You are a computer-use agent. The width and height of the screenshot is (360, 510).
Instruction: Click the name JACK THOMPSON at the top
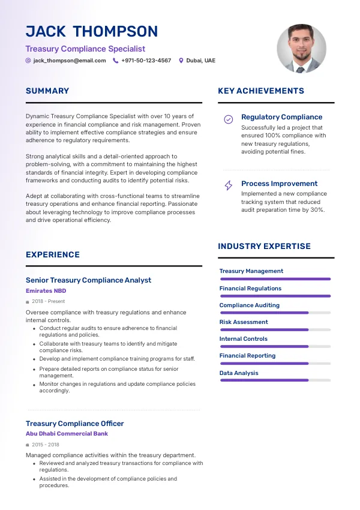click(92, 31)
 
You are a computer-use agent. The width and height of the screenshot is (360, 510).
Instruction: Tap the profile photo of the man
click(301, 49)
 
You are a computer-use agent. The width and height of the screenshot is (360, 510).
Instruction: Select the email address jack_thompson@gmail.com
click(70, 61)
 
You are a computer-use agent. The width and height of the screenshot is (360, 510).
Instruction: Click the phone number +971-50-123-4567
click(146, 61)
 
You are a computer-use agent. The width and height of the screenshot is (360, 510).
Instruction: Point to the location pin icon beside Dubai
click(181, 61)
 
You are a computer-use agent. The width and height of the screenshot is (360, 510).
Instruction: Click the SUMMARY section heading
click(47, 91)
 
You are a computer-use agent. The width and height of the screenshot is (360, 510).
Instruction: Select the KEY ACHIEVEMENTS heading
click(261, 91)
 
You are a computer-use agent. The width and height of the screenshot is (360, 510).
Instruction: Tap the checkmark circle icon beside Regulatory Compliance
click(229, 119)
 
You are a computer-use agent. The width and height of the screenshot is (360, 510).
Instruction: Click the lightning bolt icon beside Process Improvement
click(229, 185)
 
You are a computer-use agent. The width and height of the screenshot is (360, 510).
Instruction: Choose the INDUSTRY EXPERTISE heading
click(264, 246)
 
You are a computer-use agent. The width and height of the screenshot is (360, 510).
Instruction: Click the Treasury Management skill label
click(251, 271)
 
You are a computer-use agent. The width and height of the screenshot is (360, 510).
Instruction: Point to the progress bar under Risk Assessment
click(275, 329)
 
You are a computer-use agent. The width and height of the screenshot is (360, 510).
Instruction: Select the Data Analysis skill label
click(239, 373)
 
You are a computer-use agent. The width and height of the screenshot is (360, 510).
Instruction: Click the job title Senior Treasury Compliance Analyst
click(88, 280)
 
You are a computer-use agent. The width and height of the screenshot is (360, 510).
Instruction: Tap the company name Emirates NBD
click(46, 291)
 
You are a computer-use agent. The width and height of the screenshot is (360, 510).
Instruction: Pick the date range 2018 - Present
click(48, 301)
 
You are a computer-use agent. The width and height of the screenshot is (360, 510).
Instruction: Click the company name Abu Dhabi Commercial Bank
click(67, 433)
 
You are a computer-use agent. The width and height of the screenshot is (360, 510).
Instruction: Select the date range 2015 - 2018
click(46, 445)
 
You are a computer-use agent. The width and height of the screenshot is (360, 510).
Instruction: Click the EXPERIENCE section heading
click(53, 255)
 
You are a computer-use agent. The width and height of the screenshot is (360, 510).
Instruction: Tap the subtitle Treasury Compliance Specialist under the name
click(85, 49)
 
